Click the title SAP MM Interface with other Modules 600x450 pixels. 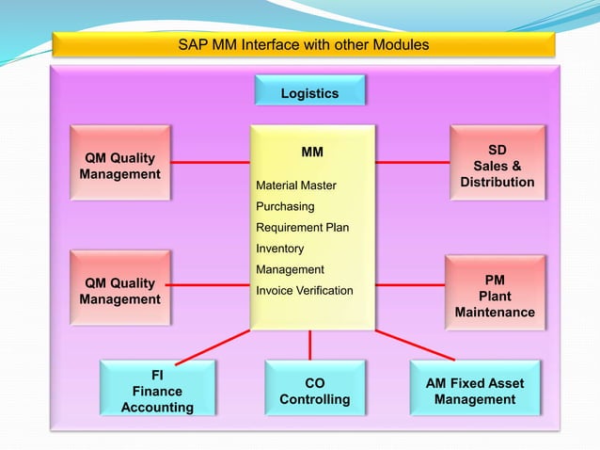303,44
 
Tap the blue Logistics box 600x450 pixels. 309,93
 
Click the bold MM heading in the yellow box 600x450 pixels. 311,151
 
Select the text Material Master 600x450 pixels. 295,185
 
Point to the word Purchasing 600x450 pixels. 285,206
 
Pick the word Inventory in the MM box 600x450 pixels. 279,249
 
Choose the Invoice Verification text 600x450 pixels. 304,291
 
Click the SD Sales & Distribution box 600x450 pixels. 497,166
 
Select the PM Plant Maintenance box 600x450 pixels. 495,296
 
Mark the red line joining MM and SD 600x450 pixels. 412,163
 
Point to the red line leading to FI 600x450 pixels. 213,346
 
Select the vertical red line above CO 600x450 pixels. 309,345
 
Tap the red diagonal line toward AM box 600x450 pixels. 414,345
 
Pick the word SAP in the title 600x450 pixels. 192,44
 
